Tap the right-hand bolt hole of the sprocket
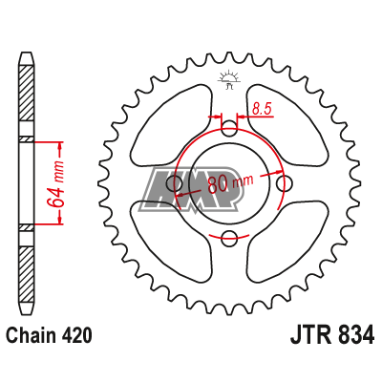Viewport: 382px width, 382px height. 283,183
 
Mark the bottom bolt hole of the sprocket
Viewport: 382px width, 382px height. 228,238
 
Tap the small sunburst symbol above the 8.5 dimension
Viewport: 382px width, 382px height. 228,78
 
